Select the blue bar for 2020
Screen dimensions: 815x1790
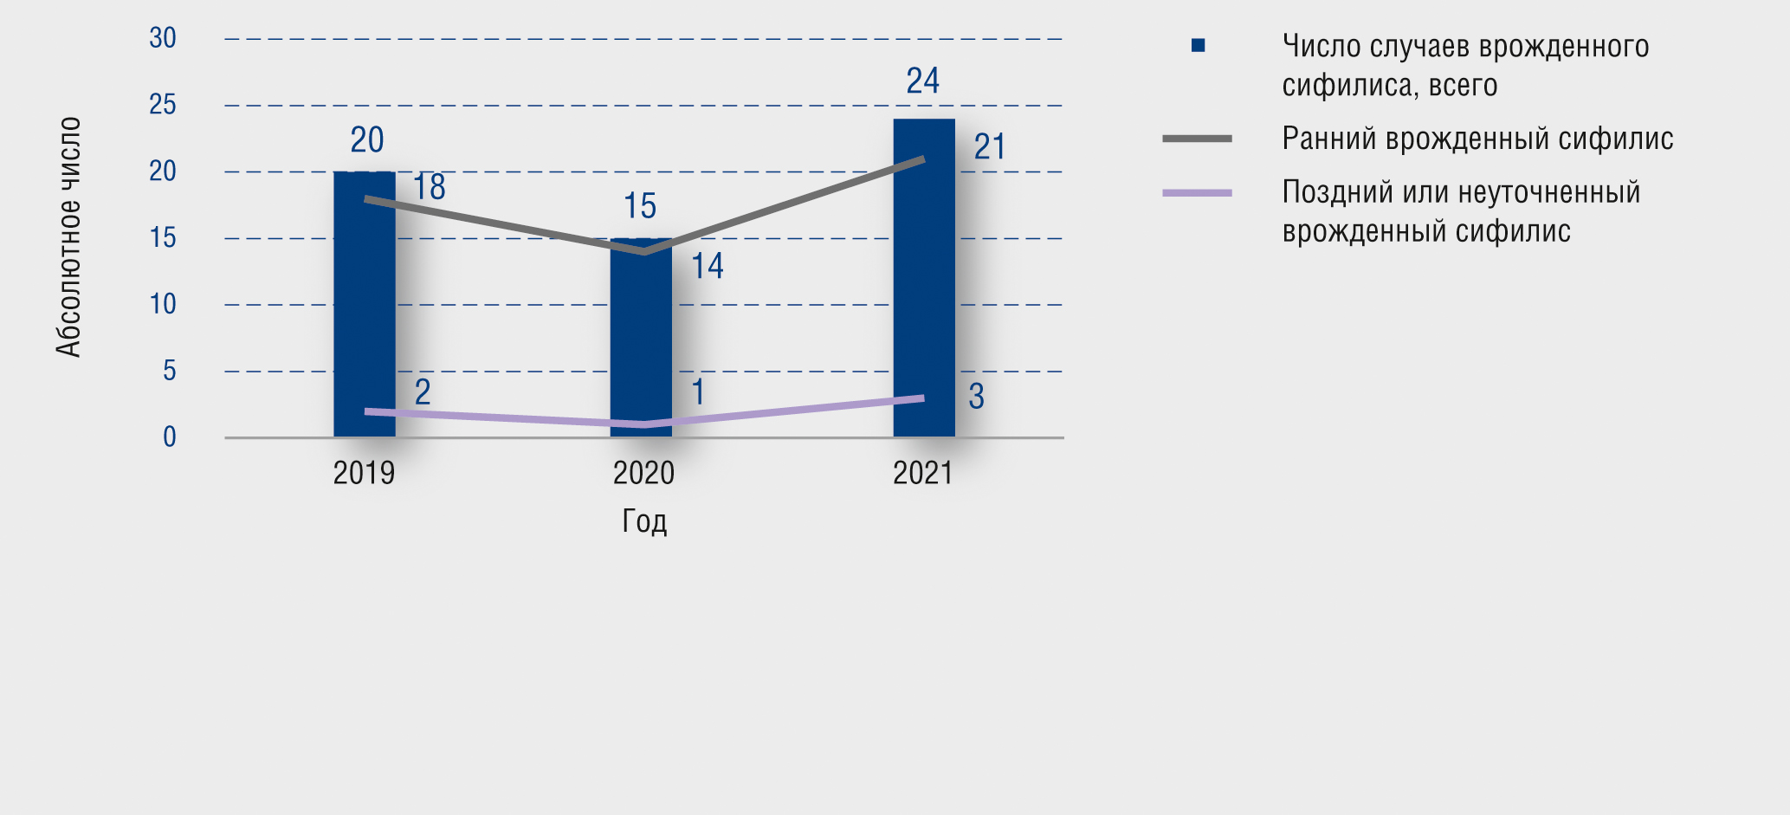click(x=641, y=346)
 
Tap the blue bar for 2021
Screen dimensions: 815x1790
click(x=924, y=286)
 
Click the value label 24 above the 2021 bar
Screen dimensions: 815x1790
click(x=922, y=81)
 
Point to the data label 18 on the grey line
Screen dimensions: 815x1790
click(x=429, y=187)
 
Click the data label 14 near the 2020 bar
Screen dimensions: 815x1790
click(x=707, y=266)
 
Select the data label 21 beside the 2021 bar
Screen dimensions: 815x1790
click(x=990, y=147)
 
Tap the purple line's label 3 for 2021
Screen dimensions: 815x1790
click(x=976, y=397)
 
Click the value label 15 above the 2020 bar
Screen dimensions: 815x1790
click(x=640, y=207)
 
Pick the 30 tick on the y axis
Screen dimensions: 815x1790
click(x=163, y=38)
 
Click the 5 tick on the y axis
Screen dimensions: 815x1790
click(x=169, y=371)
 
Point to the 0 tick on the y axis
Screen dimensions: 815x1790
click(x=169, y=437)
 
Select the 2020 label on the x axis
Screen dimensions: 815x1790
click(x=643, y=473)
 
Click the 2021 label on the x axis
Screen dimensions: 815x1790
click(x=922, y=473)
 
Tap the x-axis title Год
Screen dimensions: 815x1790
click(x=644, y=521)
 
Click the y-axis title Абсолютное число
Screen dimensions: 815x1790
click(x=68, y=236)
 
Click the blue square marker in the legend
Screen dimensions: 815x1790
click(x=1198, y=45)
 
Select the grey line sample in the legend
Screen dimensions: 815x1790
click(x=1197, y=139)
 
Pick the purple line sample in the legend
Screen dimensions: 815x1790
click(x=1197, y=193)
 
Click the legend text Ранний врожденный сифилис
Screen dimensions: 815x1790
click(x=1477, y=139)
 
